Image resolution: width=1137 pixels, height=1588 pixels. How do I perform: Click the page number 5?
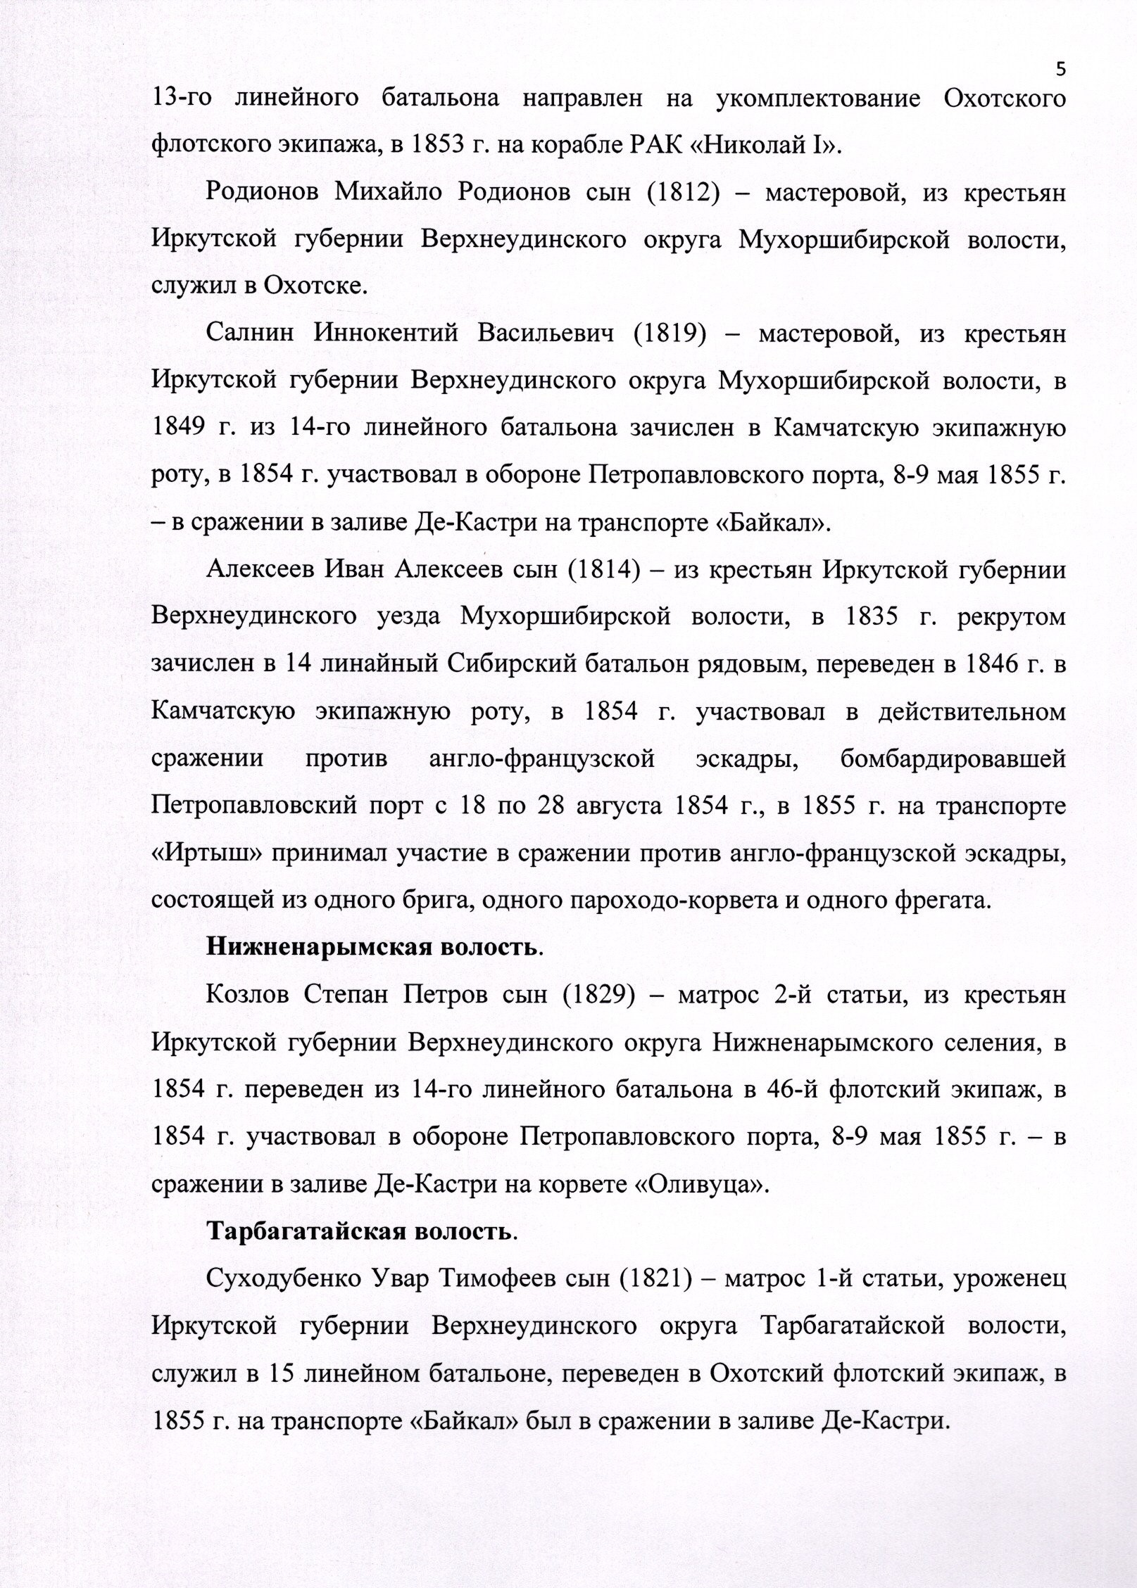(1062, 69)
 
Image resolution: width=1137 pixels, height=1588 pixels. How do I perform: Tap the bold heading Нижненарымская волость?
(374, 949)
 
